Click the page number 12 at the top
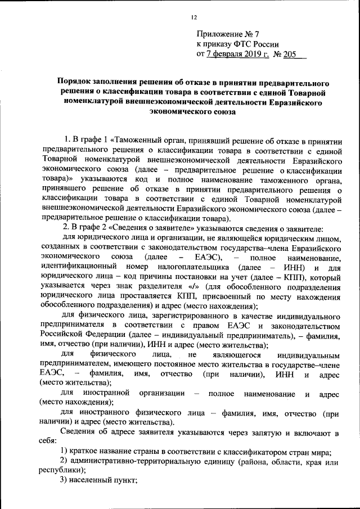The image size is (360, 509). [193, 17]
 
